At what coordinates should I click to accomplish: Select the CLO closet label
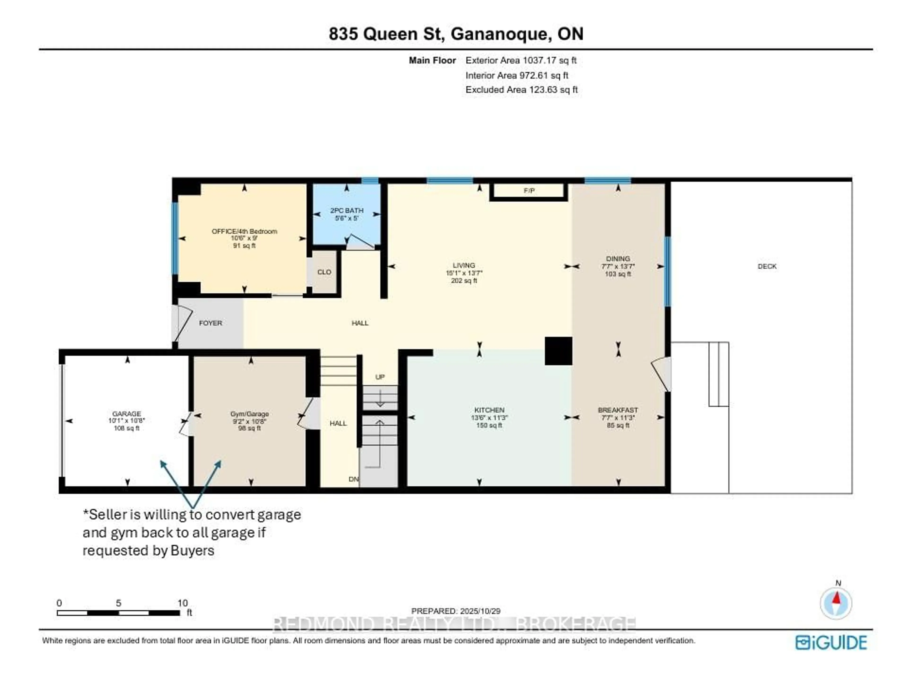tap(324, 272)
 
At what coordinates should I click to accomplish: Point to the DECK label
tap(767, 266)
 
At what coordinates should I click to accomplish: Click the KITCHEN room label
tap(489, 410)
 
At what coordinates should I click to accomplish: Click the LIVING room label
tap(464, 265)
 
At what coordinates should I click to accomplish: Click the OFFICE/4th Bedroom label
tap(244, 231)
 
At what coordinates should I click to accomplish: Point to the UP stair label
tap(380, 377)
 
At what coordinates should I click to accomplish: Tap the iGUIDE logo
tap(831, 642)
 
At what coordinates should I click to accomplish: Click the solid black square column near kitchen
tap(558, 351)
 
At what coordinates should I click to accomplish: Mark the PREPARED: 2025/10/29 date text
tap(456, 611)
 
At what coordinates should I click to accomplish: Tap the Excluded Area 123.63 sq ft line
tap(521, 89)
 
